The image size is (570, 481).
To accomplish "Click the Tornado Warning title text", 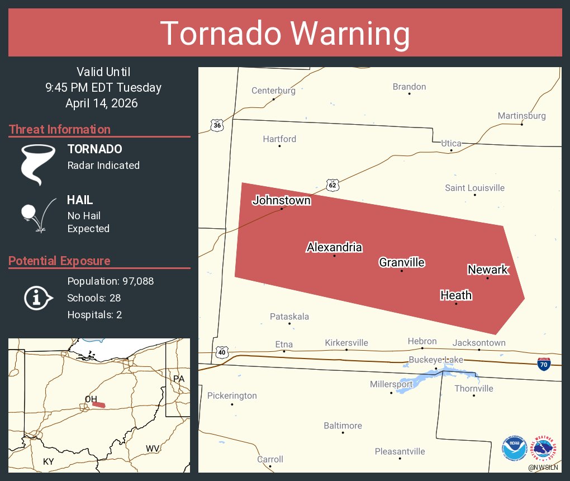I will click(x=285, y=34).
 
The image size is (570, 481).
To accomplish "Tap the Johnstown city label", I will click(x=281, y=200).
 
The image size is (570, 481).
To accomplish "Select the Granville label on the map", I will click(x=401, y=262).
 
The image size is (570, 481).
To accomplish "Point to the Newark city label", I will click(x=487, y=270).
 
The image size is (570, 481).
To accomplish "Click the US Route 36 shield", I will click(x=217, y=125).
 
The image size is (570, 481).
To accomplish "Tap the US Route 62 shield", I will click(x=332, y=185).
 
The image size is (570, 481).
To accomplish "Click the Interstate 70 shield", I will click(x=543, y=364).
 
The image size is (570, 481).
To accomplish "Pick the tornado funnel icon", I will click(x=37, y=164).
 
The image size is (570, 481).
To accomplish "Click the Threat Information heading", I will click(x=60, y=130).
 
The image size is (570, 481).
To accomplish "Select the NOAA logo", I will click(x=514, y=449).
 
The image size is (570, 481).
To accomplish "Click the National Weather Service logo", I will click(x=545, y=449).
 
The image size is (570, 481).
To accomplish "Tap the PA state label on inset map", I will click(x=178, y=379).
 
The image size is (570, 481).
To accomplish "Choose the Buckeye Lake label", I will click(x=436, y=360).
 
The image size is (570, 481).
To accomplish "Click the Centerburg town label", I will click(x=273, y=91).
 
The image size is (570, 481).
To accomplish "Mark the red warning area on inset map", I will click(x=99, y=404).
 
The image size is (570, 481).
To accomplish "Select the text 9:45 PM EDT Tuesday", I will click(x=103, y=88).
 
